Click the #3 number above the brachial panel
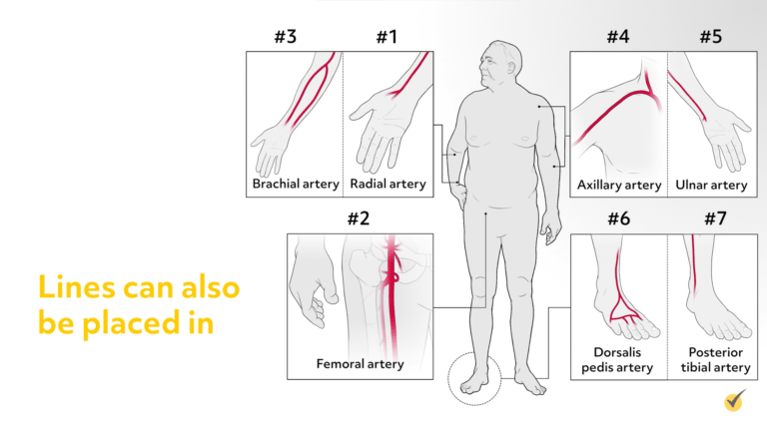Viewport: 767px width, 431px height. pyautogui.click(x=286, y=37)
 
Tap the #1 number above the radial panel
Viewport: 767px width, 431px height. pyautogui.click(x=386, y=37)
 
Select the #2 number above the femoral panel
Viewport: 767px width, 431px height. pyautogui.click(x=359, y=218)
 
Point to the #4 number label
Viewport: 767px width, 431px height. pyautogui.click(x=618, y=37)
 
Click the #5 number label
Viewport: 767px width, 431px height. pyautogui.click(x=711, y=37)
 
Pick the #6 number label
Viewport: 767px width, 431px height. pyautogui.click(x=619, y=218)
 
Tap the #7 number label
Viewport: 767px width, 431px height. pyautogui.click(x=715, y=218)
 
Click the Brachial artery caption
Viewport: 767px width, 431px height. pyautogui.click(x=296, y=184)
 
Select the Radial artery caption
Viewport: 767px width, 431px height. pyautogui.click(x=387, y=184)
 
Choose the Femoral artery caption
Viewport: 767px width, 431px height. pyautogui.click(x=360, y=364)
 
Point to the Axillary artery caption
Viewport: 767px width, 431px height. pyautogui.click(x=619, y=185)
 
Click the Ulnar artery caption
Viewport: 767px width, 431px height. pyautogui.click(x=711, y=185)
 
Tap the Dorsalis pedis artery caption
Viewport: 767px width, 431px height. pyautogui.click(x=617, y=359)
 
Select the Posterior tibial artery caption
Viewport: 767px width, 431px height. pyautogui.click(x=716, y=359)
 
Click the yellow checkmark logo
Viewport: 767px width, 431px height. pyautogui.click(x=735, y=401)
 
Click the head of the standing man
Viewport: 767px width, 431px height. pyautogui.click(x=499, y=64)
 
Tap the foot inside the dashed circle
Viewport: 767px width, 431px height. pyautogui.click(x=473, y=381)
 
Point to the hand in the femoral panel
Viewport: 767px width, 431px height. pyautogui.click(x=312, y=282)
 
